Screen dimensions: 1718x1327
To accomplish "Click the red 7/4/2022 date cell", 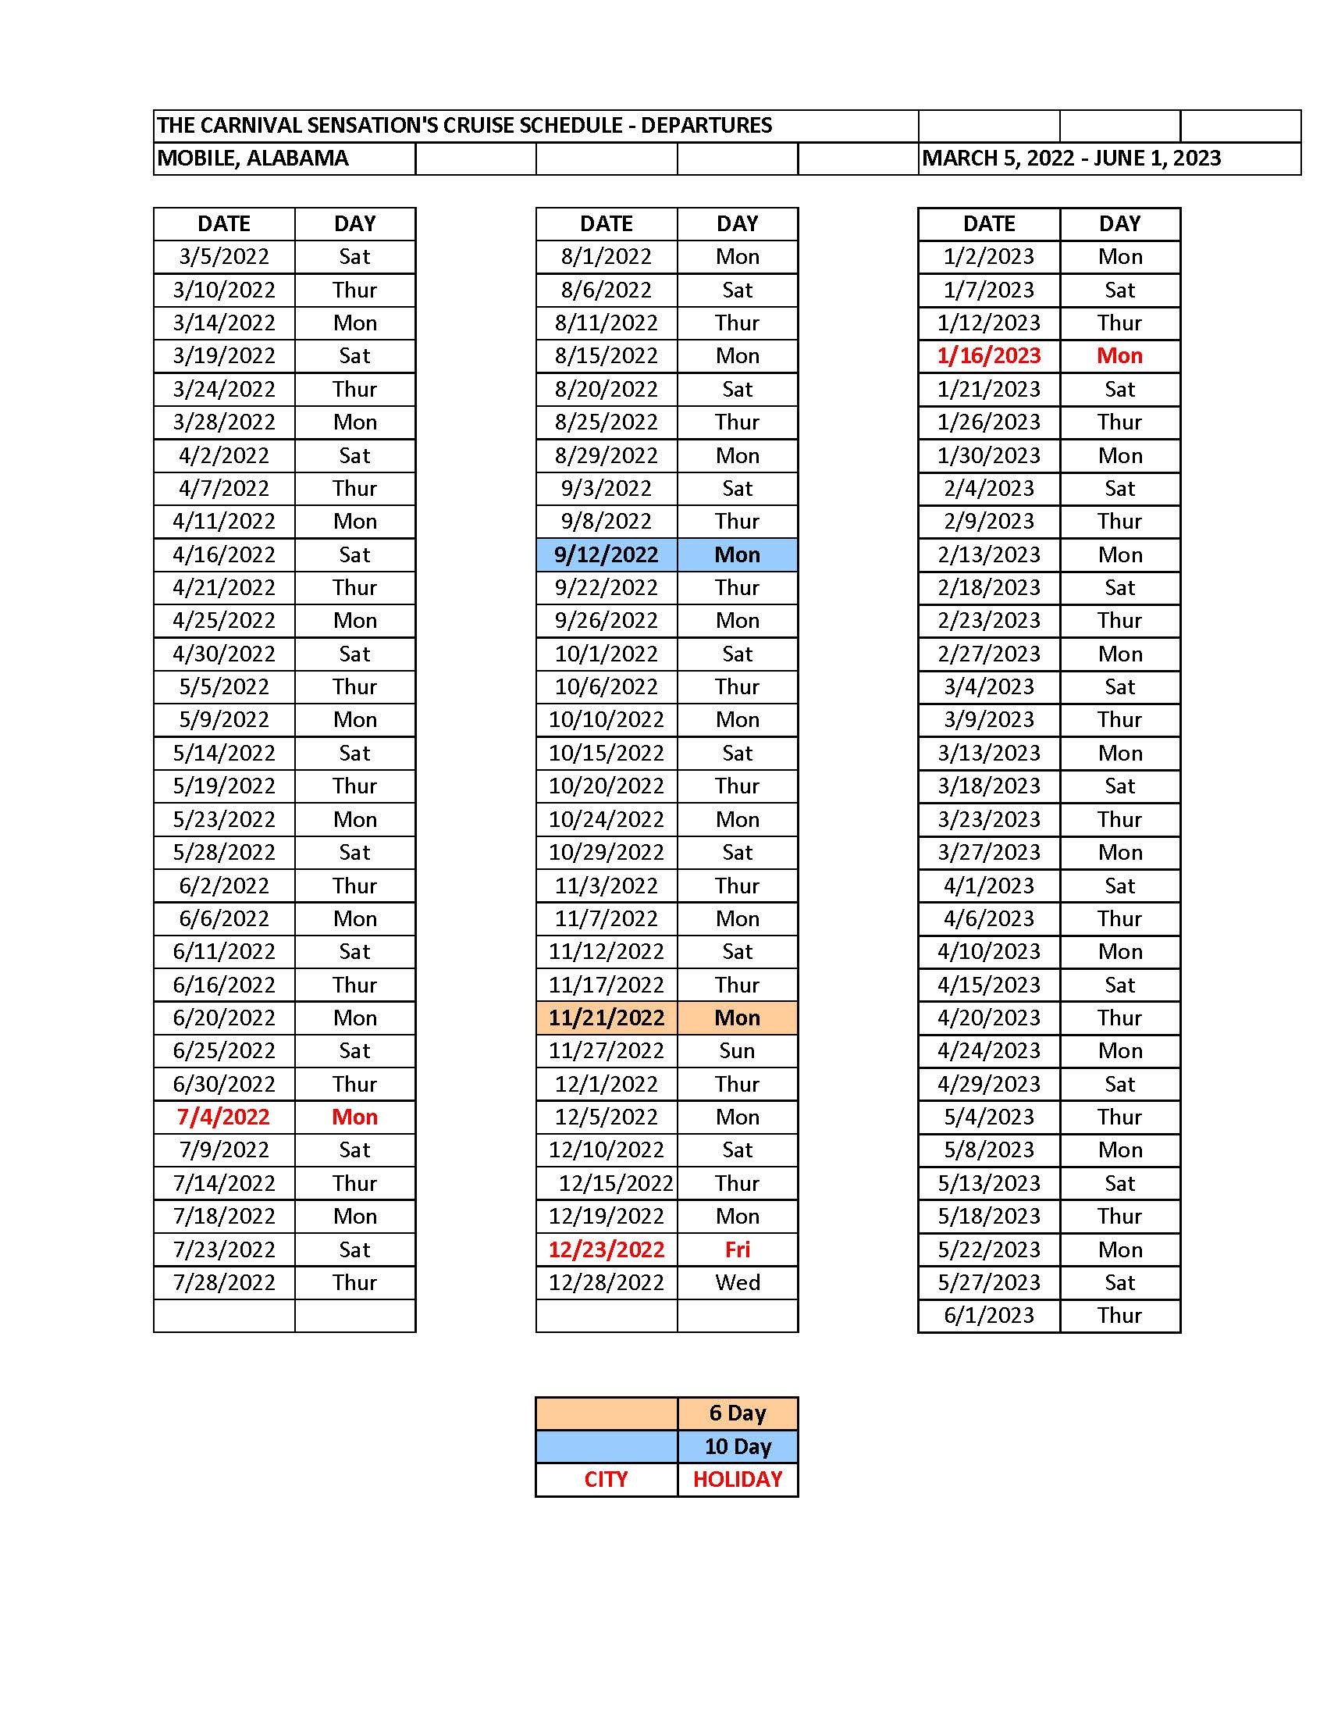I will tap(223, 1117).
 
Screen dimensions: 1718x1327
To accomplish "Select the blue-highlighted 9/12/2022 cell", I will tap(606, 554).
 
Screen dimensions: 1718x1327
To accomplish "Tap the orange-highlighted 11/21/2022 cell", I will tap(606, 1018).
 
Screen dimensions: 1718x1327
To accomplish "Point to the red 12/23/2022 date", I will tap(606, 1249).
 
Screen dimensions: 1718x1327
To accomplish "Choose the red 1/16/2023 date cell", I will tap(988, 355).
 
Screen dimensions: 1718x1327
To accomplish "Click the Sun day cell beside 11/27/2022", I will tap(737, 1051).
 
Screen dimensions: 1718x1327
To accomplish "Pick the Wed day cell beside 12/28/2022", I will tap(737, 1282).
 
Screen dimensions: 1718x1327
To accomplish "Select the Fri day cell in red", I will tap(737, 1249).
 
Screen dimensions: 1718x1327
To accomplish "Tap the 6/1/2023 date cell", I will tap(988, 1315).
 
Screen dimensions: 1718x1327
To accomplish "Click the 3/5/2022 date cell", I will tap(223, 256).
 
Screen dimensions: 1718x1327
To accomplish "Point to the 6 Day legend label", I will tap(737, 1413).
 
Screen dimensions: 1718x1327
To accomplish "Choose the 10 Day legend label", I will tap(737, 1445).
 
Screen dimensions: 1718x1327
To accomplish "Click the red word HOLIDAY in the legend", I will tap(737, 1479).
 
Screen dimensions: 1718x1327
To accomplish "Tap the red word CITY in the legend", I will tap(605, 1479).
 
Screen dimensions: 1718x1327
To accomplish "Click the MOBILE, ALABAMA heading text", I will tap(252, 158).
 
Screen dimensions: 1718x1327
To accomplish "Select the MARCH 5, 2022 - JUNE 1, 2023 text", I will tap(1071, 158).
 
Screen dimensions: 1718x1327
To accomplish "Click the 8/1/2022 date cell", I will tap(606, 256).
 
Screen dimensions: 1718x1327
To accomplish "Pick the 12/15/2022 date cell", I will tap(616, 1183).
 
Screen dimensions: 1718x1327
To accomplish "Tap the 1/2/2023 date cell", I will tap(988, 256).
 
